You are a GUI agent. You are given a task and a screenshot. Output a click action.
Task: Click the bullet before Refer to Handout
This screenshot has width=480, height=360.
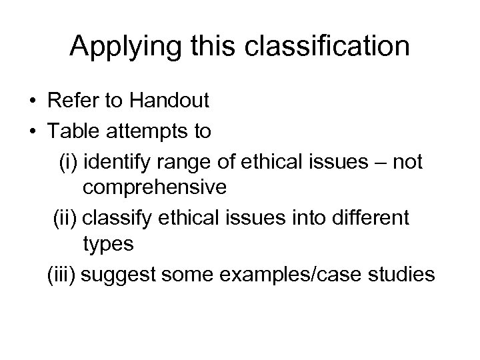(33, 102)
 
